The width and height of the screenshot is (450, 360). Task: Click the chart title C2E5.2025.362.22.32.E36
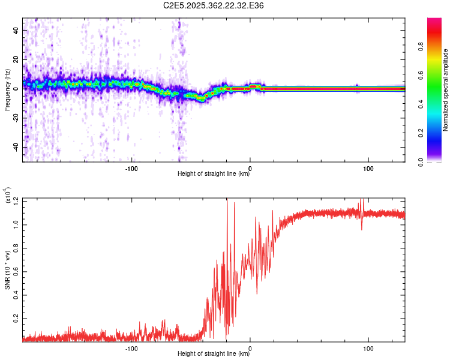pyautogui.click(x=214, y=5)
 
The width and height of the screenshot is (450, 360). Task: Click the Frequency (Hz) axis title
pyautogui.click(x=7, y=90)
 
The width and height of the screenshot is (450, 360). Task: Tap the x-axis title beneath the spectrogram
pyautogui.click(x=214, y=174)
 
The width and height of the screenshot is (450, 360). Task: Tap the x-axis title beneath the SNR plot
pyautogui.click(x=214, y=354)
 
